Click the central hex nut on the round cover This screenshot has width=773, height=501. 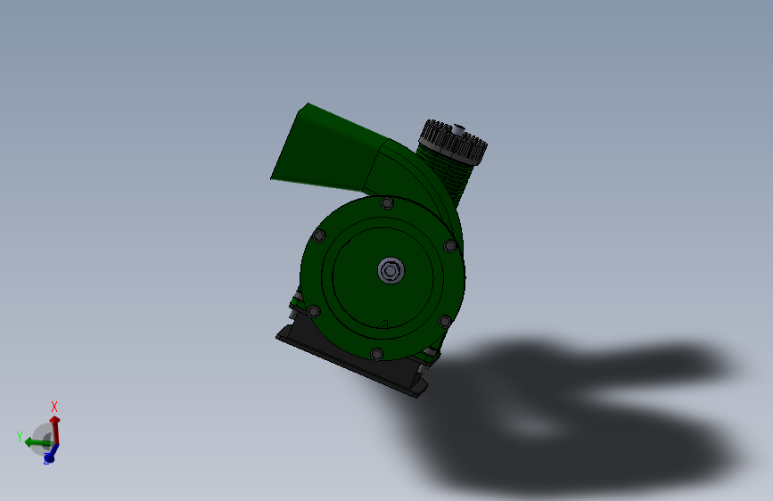point(391,271)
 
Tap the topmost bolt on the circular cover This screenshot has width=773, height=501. point(387,202)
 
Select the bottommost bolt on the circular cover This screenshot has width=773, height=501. point(376,354)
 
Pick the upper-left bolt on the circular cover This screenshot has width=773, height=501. point(319,235)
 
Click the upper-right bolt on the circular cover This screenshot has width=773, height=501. point(449,245)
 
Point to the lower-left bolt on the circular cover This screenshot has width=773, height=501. point(314,311)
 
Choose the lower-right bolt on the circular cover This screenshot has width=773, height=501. point(444,322)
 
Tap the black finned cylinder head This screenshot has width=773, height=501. point(454,141)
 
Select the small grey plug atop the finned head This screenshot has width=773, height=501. point(458,130)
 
